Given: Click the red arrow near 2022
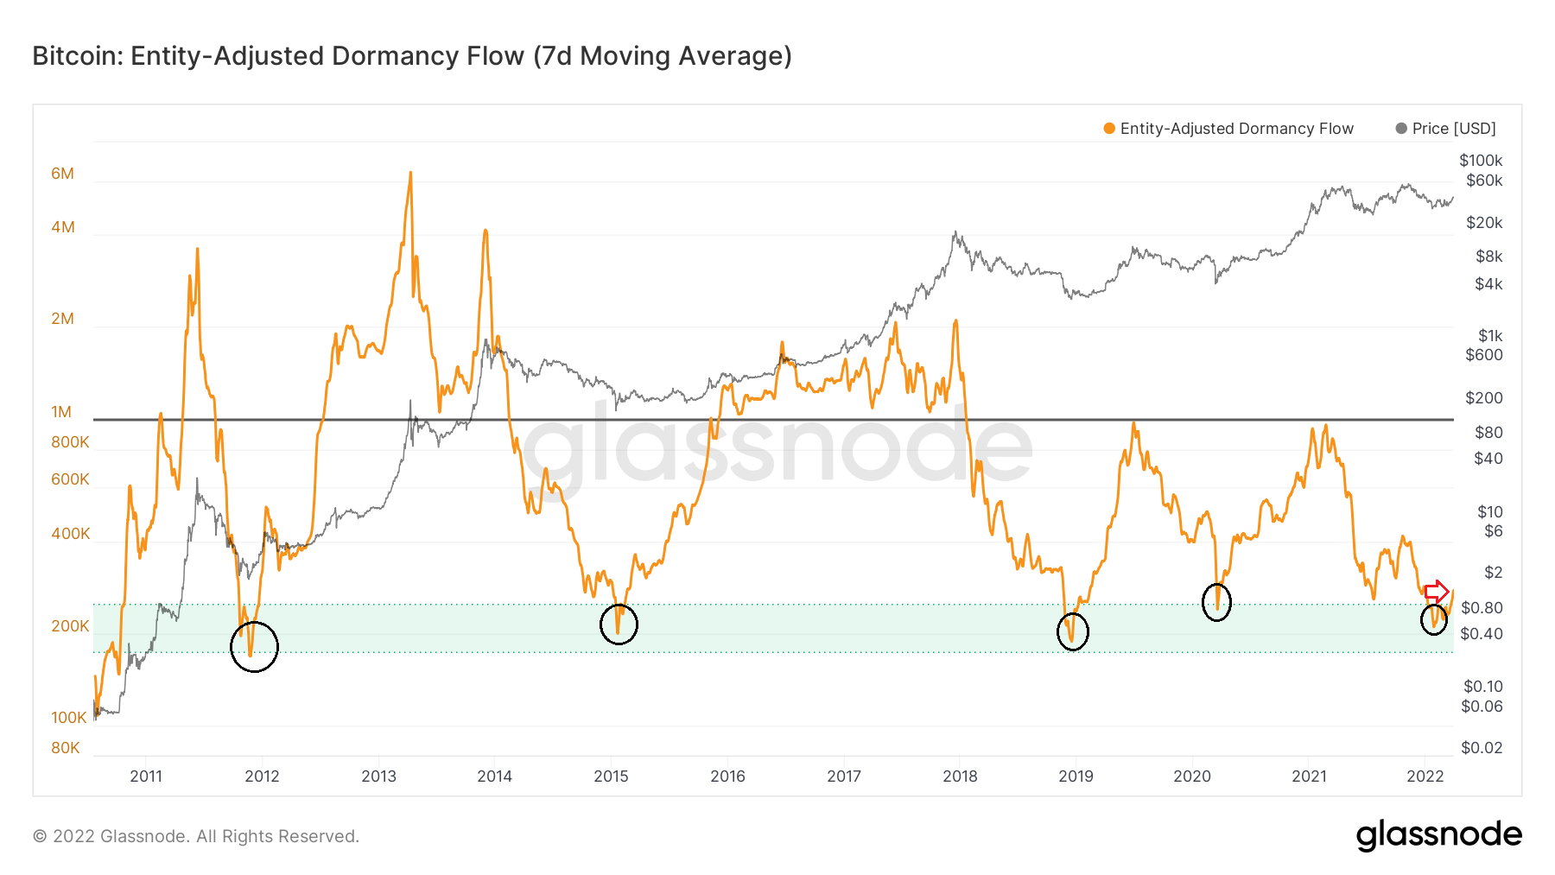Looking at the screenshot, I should [1437, 593].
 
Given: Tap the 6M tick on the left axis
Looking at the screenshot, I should [62, 174].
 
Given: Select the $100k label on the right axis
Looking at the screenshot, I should [1481, 161].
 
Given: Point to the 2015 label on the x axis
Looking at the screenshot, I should [611, 776].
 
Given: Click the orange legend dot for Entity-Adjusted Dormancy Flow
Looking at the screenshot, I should [1109, 129].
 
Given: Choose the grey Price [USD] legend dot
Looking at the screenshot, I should [1401, 129].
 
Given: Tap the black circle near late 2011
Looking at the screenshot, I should [255, 646].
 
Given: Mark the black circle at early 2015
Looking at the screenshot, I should [619, 624].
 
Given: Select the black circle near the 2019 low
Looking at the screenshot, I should [1073, 631].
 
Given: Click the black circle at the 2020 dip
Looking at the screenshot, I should [1216, 602].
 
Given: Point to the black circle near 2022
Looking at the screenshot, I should [1434, 618].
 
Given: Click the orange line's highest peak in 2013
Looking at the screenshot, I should [410, 173].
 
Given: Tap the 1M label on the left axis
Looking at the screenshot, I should [61, 412].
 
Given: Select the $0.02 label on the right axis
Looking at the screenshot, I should [1482, 748].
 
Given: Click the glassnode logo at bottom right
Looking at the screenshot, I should [1438, 835].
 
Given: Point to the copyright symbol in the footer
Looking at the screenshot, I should [40, 836].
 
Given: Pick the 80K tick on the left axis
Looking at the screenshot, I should [66, 748].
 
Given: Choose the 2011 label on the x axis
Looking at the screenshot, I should [146, 776].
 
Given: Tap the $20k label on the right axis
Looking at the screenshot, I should [1484, 223].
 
